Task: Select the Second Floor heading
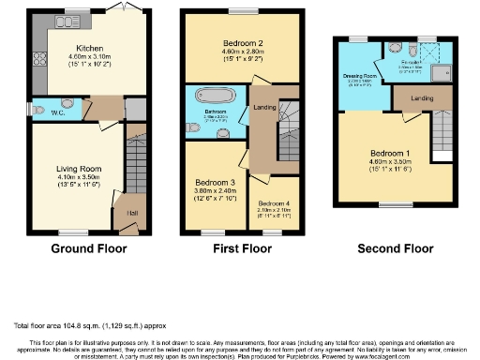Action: tap(394, 249)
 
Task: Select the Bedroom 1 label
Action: tap(386, 153)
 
